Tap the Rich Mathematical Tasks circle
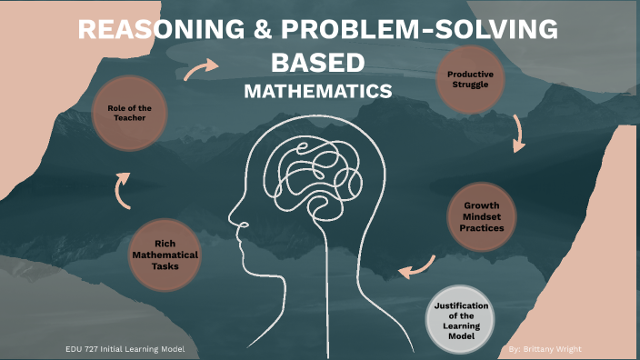(x=165, y=255)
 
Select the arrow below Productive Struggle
(x=519, y=134)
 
